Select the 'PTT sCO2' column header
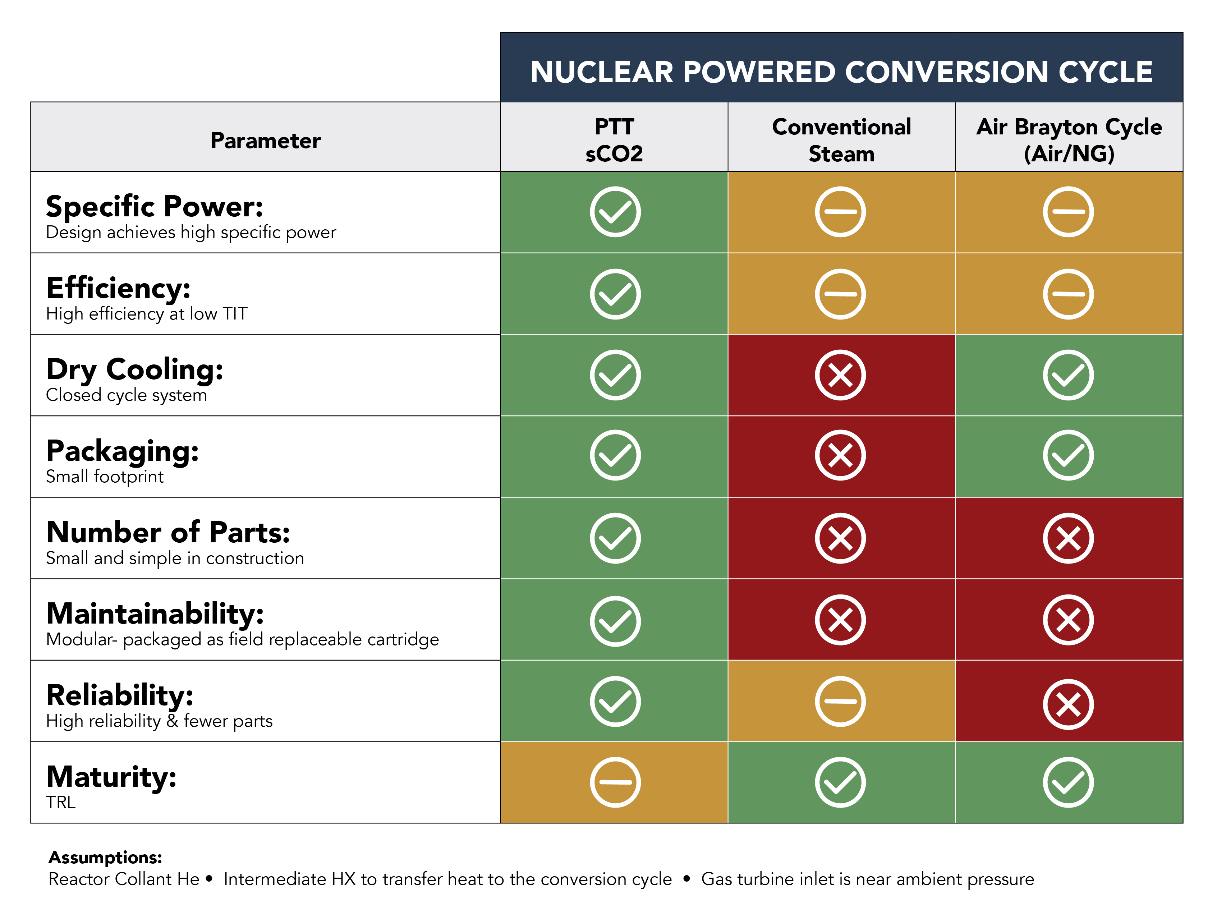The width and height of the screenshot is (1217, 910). coord(614,140)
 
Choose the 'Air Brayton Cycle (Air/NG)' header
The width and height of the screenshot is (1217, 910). coord(1069,140)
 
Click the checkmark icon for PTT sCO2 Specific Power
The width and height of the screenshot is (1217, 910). coord(615,212)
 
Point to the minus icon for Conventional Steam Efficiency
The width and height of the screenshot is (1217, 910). coord(840,294)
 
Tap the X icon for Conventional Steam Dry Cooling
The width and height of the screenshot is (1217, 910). coord(840,375)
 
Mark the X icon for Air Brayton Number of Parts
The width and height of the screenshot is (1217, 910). coord(1068,538)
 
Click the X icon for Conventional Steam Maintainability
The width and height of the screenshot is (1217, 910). coord(840,620)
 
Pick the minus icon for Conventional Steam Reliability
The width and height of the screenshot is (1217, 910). coord(840,701)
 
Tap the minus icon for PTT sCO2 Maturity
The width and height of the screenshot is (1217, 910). coord(615,782)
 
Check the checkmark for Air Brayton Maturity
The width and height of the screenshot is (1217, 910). coord(1068,782)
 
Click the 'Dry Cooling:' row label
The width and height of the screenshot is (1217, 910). coord(135,369)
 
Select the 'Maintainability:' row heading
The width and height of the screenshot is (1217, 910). coord(155,613)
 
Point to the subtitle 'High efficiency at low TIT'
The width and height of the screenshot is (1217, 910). coord(147,314)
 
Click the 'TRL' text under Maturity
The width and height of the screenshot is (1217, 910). coord(60,802)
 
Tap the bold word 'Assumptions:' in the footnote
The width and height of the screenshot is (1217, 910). coord(105,857)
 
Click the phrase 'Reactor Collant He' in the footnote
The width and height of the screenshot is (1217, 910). coord(124,879)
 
